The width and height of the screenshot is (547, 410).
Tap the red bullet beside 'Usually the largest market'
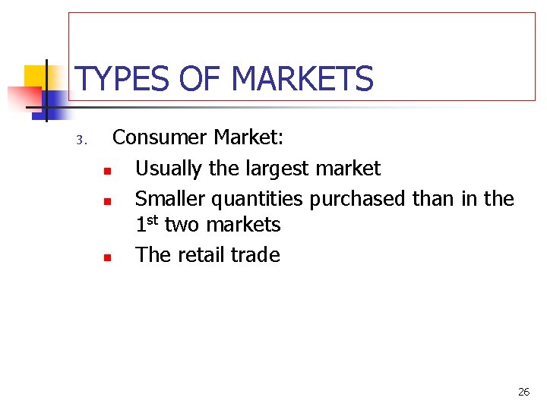(108, 170)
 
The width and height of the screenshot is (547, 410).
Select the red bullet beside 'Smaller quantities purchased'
(108, 201)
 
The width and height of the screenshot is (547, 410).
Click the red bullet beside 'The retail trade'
(108, 257)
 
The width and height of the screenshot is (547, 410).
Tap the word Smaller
(170, 199)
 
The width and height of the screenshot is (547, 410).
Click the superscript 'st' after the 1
(152, 220)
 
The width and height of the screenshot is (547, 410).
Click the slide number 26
(523, 392)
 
